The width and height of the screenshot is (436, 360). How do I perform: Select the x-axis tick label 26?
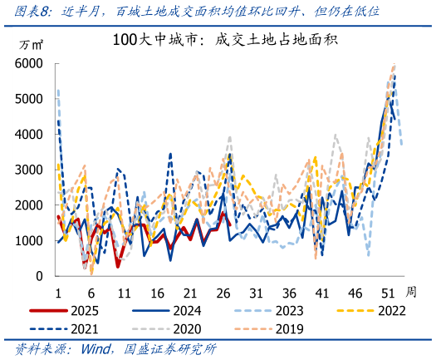[223, 293]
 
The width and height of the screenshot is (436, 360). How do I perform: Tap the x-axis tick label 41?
[322, 293]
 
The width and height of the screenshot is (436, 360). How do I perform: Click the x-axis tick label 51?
[388, 293]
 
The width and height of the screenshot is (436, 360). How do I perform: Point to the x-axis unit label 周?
[411, 293]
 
